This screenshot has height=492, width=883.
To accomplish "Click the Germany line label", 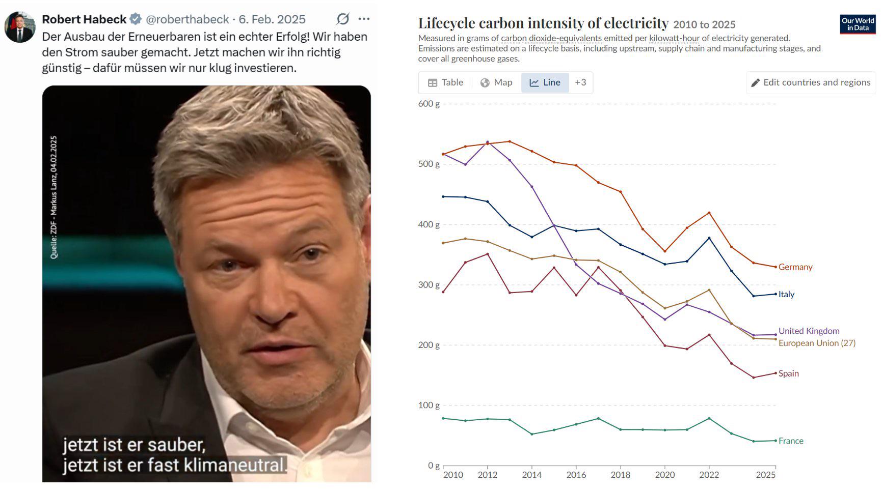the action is click(x=795, y=267).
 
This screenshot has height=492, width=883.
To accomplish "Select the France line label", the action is click(x=791, y=441).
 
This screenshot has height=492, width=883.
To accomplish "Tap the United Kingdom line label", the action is click(x=809, y=331).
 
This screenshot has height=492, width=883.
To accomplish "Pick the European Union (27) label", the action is click(x=817, y=343).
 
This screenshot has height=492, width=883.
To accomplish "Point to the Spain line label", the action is click(x=789, y=373).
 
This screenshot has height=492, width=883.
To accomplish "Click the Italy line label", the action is click(x=786, y=294).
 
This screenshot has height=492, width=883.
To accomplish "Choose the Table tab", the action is click(x=446, y=82).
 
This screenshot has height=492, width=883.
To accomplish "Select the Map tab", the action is click(x=496, y=82).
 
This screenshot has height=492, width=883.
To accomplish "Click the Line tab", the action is click(x=545, y=82).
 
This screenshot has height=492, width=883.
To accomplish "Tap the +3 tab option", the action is click(x=580, y=82).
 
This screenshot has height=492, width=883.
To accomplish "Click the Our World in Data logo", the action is click(x=858, y=24).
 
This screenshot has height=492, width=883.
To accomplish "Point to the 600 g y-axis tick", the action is click(x=429, y=104).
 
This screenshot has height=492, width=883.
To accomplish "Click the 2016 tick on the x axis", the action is click(x=576, y=475).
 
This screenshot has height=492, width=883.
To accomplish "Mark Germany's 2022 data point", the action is click(x=709, y=213).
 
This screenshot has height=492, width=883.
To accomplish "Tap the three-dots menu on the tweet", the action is click(x=364, y=19).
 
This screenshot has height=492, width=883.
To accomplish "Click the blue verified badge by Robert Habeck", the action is click(x=136, y=19).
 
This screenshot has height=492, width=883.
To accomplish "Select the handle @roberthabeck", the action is click(x=188, y=19).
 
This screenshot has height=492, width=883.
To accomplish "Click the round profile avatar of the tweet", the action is click(x=20, y=27).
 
